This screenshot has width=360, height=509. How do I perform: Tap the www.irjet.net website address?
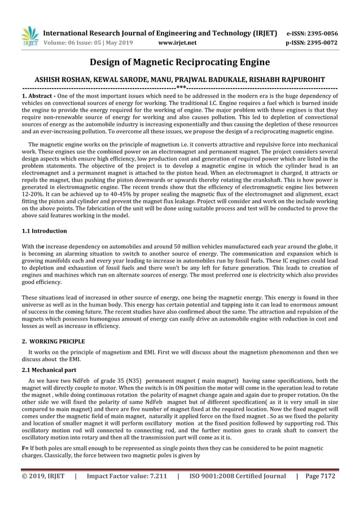pos(178,42)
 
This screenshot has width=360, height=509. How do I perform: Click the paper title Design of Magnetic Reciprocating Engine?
pos(180,62)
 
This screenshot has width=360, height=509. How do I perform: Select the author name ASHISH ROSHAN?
pos(62,80)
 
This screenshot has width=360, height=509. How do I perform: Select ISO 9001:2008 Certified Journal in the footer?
pos(238,476)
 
